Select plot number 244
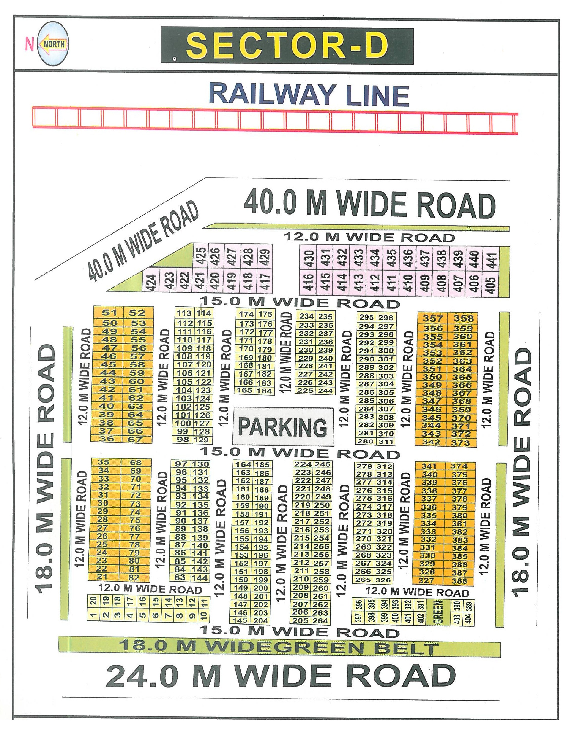coord(325,391)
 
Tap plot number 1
coord(93,615)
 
